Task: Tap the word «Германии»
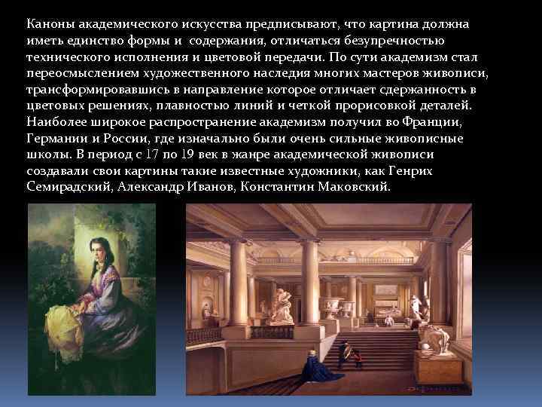54,138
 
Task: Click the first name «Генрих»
413,171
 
